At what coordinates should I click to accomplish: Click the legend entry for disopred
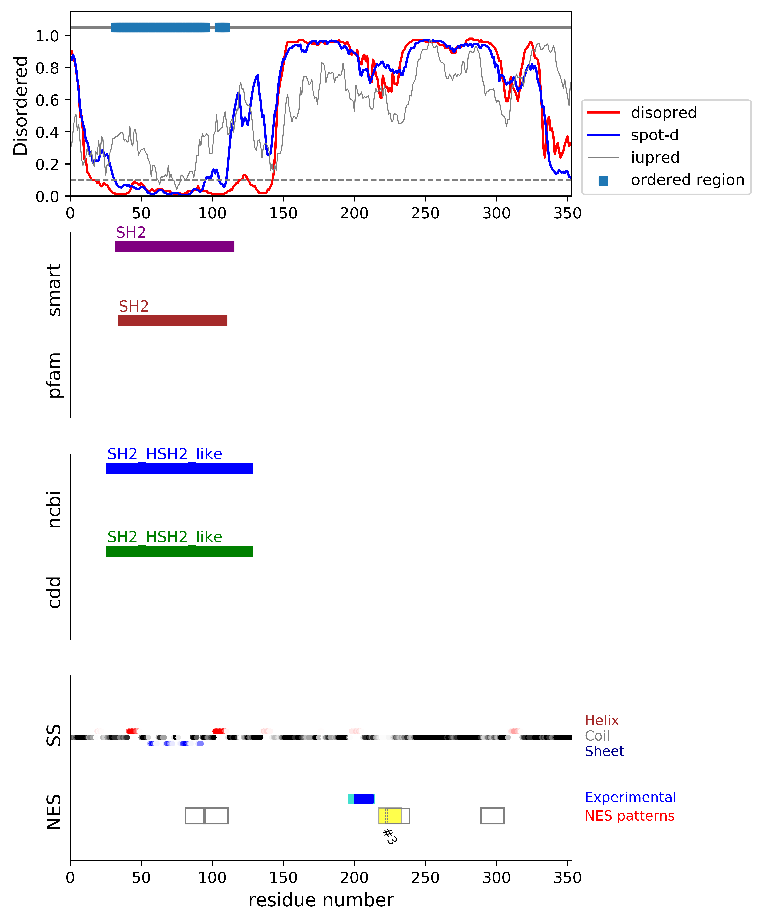[x=663, y=113]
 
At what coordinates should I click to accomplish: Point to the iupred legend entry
[x=655, y=157]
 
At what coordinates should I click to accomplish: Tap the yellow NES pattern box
[x=390, y=816]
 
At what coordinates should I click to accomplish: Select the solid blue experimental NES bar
[x=363, y=799]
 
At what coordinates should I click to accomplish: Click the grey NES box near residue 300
[x=492, y=816]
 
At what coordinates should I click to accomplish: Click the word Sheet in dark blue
[x=604, y=751]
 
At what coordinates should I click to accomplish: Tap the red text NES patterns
[x=629, y=816]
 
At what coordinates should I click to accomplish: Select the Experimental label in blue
[x=630, y=797]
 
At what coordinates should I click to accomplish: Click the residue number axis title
[x=321, y=900]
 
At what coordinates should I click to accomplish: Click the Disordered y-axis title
[x=20, y=105]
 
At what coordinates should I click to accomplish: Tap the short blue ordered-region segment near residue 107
[x=222, y=27]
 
